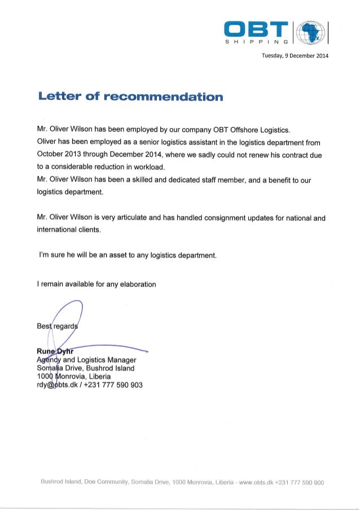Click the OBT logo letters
point(259,28)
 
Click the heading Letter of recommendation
point(130,97)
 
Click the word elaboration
point(134,284)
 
